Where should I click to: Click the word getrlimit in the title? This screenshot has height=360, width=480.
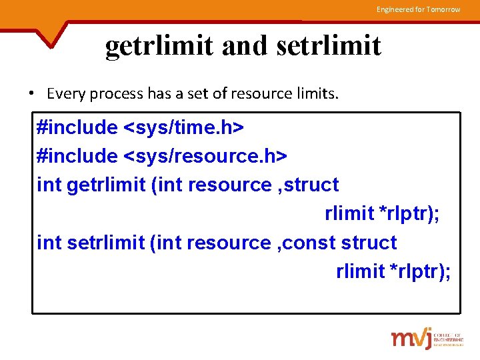point(159,46)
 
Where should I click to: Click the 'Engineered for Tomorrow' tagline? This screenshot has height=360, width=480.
point(418,9)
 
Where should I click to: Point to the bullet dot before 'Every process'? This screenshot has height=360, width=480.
point(31,93)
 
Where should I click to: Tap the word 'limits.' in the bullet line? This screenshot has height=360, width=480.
point(317,93)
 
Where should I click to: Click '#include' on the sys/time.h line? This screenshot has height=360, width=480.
point(77,127)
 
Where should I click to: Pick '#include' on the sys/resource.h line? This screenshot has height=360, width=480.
point(77,155)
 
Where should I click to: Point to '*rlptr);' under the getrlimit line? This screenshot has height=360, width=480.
point(409,213)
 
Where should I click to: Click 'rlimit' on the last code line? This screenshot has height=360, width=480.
point(361,271)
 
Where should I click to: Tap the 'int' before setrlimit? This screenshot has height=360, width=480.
point(49,243)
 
